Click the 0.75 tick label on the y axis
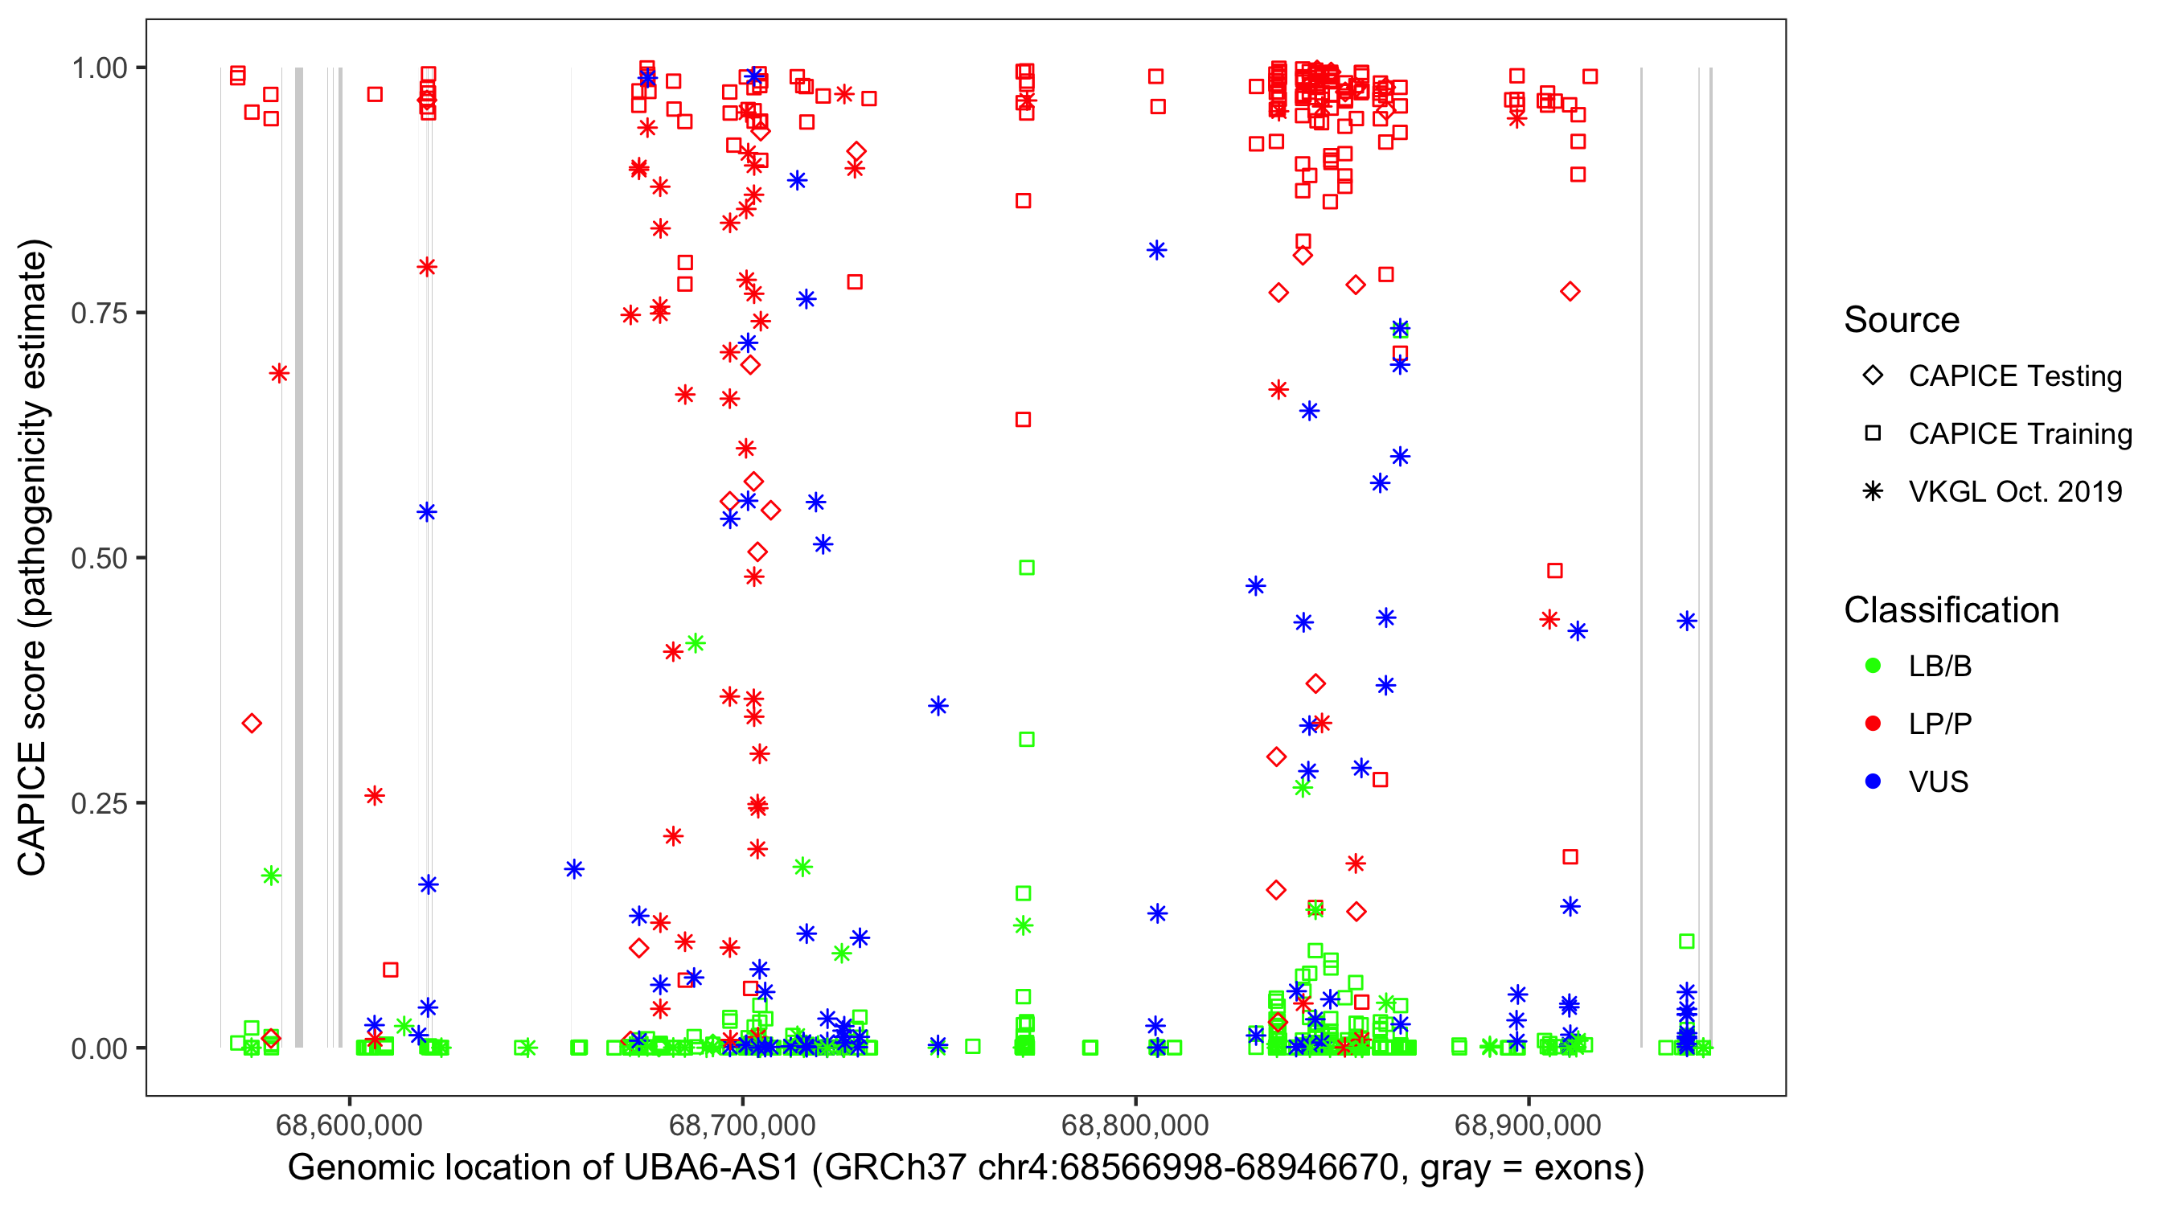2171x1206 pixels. point(98,314)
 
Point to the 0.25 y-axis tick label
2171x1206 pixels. point(98,803)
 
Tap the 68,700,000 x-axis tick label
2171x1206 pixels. point(741,1124)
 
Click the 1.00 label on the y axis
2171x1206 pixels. point(98,68)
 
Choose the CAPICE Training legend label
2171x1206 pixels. point(2019,434)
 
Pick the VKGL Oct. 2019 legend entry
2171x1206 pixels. point(2014,492)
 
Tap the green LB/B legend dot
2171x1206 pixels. point(1873,667)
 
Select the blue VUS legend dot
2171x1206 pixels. point(1873,782)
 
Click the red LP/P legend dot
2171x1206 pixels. point(1873,724)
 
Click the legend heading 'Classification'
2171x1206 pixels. point(1950,610)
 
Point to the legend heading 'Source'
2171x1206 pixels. point(1902,320)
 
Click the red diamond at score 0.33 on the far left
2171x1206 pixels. point(251,723)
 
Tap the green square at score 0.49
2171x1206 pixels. point(1027,568)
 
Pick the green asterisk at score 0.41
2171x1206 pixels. point(696,644)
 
